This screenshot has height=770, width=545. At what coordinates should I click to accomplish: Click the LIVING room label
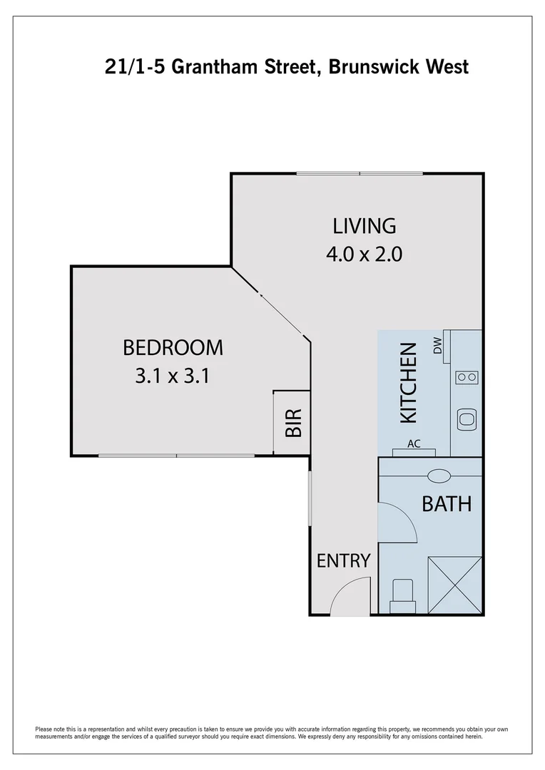click(364, 226)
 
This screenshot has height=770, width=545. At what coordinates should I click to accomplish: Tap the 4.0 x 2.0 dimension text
click(364, 255)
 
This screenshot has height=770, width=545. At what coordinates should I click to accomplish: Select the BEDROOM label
click(173, 348)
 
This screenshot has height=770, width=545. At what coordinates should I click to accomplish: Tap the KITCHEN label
click(407, 382)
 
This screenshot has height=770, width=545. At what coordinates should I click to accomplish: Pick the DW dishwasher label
click(437, 346)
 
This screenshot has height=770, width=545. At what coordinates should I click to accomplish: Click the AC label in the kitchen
click(414, 443)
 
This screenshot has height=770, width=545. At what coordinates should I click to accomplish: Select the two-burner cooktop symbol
click(467, 377)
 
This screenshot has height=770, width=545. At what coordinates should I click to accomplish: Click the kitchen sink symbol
click(467, 419)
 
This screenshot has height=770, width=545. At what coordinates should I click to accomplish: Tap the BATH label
click(447, 504)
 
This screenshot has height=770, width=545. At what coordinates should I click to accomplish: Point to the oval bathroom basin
click(437, 475)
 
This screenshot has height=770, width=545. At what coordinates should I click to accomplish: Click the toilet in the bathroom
click(402, 595)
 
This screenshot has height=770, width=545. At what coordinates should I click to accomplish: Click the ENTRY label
click(344, 561)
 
